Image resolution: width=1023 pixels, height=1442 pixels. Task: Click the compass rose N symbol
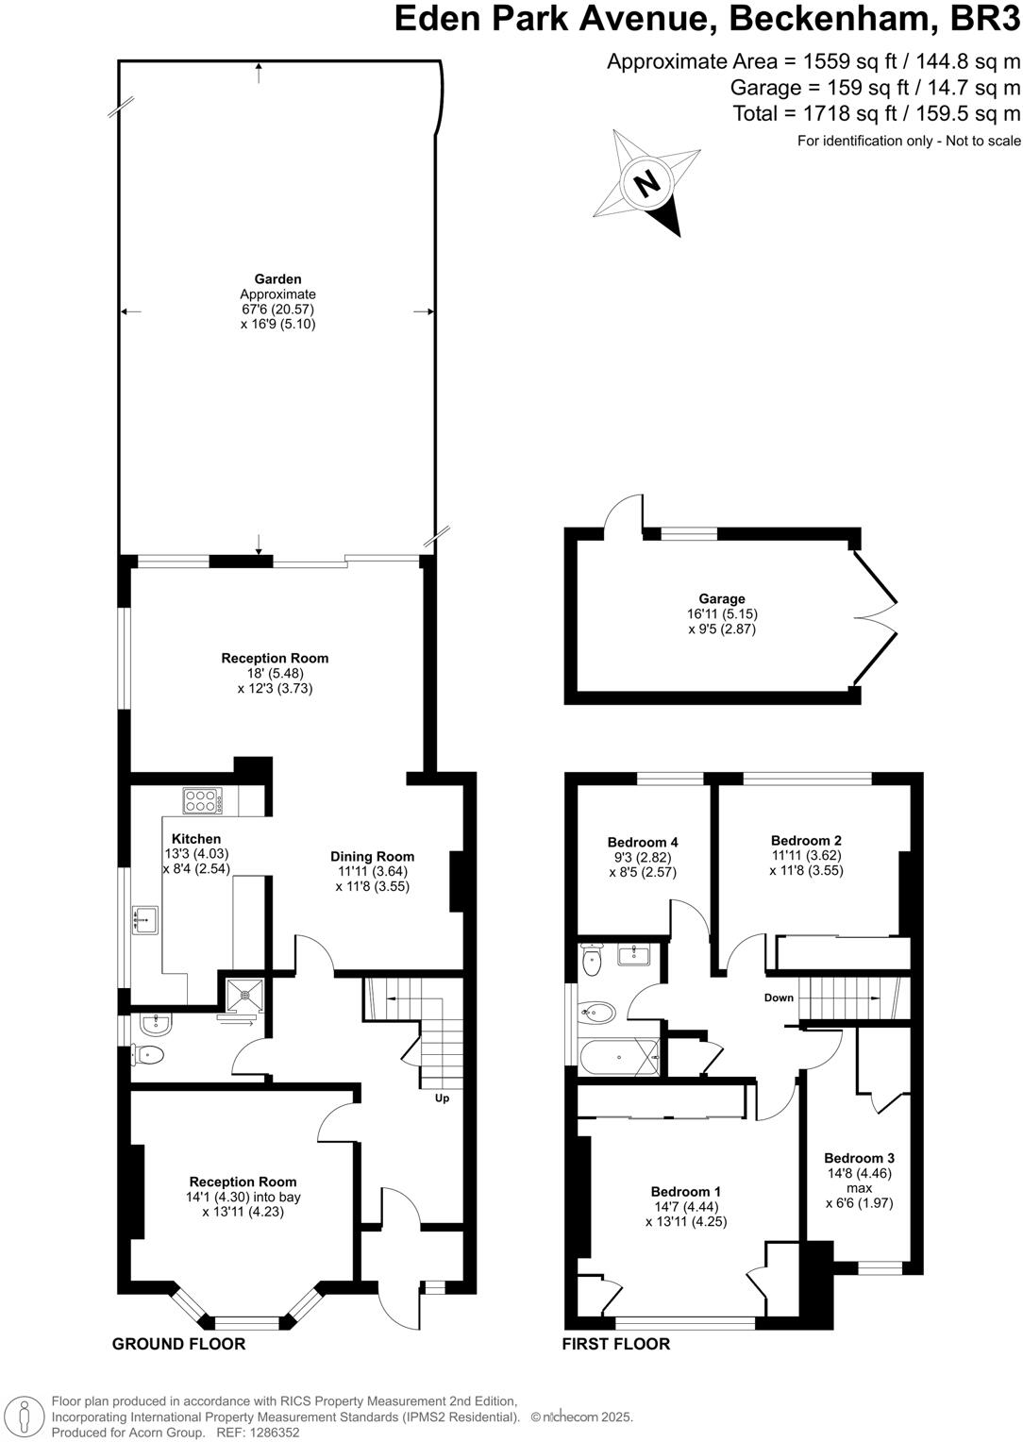point(647,182)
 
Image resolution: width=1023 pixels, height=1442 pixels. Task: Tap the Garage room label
point(722,598)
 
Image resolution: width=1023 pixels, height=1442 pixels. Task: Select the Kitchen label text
point(196,838)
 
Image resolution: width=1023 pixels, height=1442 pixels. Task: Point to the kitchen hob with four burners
point(203,801)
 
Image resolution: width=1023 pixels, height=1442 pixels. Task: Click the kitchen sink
point(146,918)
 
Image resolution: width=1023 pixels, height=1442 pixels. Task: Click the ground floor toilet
point(148,1054)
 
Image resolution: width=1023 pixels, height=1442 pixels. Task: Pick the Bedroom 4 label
point(643,842)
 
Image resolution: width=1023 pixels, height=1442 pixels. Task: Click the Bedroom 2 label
point(806,840)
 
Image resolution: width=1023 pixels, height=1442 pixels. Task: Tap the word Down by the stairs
point(779,998)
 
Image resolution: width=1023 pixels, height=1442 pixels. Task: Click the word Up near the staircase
point(442,1098)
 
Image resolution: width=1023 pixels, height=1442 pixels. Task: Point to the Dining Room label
point(372,856)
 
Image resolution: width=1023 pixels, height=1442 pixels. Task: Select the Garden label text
point(277,278)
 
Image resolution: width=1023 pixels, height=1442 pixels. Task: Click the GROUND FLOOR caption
point(178,1344)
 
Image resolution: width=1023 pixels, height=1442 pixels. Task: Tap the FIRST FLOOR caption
point(616,1344)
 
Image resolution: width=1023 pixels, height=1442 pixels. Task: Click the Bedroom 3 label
point(859,1158)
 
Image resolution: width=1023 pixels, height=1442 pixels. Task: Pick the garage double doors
point(874,619)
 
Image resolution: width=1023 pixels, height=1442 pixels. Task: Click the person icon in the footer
point(25,1417)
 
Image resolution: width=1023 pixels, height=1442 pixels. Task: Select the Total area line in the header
point(877,114)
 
